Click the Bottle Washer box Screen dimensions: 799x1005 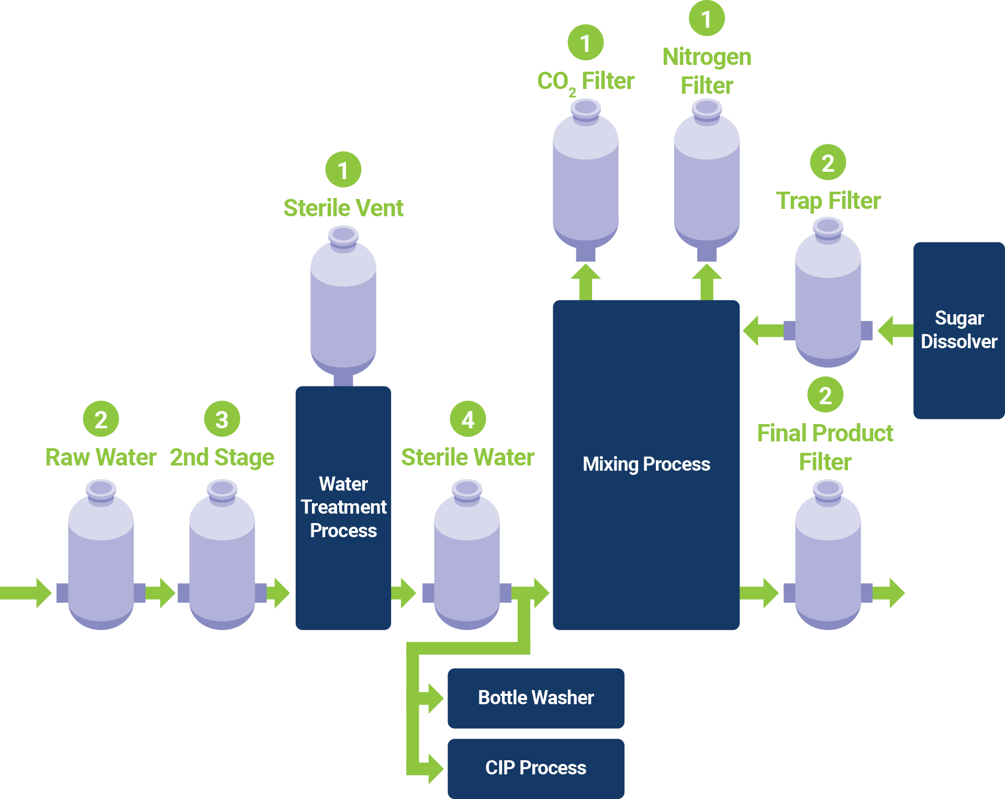point(535,698)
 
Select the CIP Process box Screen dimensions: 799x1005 point(535,768)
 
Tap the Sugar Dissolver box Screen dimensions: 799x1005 point(958,330)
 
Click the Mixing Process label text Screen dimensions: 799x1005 point(646,464)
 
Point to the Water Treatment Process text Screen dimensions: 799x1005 point(343,507)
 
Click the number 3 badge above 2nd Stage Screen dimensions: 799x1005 point(222,419)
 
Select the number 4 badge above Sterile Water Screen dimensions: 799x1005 point(467,419)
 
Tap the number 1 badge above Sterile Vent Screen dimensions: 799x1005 point(343,170)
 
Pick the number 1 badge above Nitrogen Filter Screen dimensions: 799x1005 point(706,19)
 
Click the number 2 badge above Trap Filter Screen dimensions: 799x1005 point(828,163)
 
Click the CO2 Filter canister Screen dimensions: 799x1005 point(585,178)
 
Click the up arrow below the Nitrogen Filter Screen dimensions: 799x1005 point(707,281)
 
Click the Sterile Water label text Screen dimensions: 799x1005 point(467,457)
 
